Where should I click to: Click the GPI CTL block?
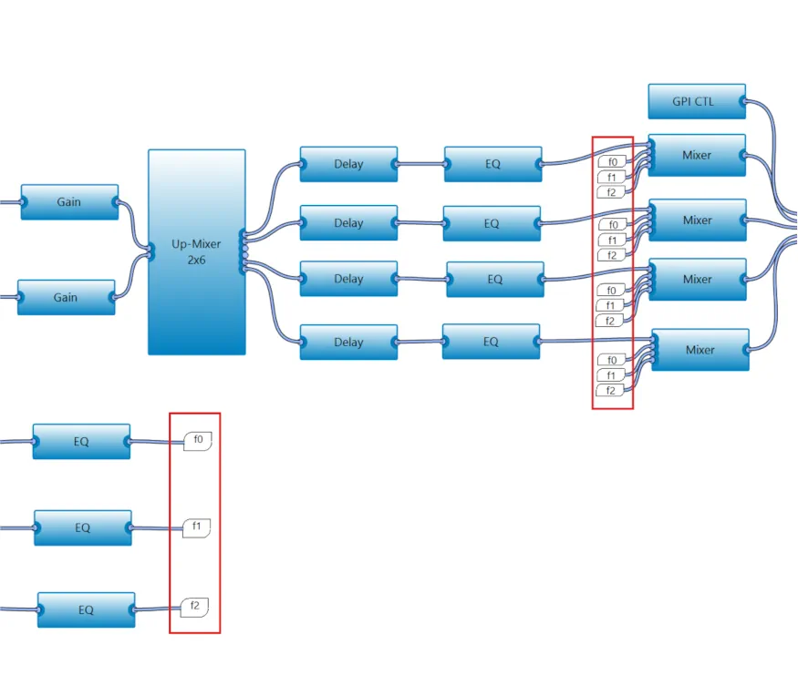point(697,101)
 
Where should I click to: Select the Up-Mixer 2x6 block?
point(196,252)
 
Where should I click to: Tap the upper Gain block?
point(69,202)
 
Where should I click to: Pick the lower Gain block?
point(67,297)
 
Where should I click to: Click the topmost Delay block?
point(348,164)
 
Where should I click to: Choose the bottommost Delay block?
point(348,342)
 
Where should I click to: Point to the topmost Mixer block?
point(697,155)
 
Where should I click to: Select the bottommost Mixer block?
point(700,350)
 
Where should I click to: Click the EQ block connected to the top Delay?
point(492,164)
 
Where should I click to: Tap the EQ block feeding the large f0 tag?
point(81,442)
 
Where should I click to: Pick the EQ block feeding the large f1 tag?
point(82,527)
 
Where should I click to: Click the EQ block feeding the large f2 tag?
point(86,609)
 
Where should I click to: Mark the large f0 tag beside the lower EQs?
point(198,440)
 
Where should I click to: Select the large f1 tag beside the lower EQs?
point(196,527)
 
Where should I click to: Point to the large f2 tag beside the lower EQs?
point(194,607)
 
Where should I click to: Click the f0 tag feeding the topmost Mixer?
point(612,162)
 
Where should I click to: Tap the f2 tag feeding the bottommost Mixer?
point(610,391)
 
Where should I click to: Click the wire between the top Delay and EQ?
point(420,164)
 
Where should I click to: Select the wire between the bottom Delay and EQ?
point(420,342)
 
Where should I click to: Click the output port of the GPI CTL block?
point(744,101)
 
